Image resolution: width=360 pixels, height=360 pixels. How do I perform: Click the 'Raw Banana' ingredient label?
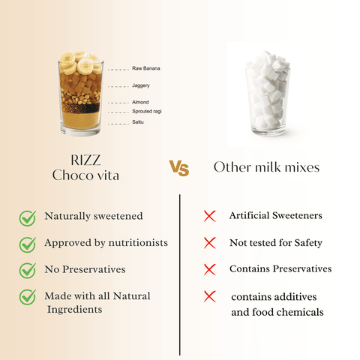pyautogui.click(x=146, y=68)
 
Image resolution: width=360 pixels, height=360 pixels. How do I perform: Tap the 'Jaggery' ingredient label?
pyautogui.click(x=140, y=85)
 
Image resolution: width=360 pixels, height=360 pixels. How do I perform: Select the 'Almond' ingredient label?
pyautogui.click(x=140, y=102)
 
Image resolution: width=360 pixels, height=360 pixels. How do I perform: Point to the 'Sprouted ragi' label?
pyautogui.click(x=146, y=111)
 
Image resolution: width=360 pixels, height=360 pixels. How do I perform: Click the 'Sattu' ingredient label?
pyautogui.click(x=138, y=121)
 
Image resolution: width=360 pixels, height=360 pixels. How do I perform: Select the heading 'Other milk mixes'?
pyautogui.click(x=266, y=166)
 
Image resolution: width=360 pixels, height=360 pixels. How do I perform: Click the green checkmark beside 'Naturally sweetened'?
pyautogui.click(x=27, y=217)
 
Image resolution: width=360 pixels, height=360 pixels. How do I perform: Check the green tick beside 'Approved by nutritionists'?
pyautogui.click(x=27, y=244)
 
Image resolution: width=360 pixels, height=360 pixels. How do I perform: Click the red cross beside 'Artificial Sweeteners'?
pyautogui.click(x=210, y=216)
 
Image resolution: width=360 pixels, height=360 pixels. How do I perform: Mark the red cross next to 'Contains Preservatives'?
pyautogui.click(x=210, y=268)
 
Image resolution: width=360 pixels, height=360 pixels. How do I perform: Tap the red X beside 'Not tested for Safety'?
pyautogui.click(x=210, y=243)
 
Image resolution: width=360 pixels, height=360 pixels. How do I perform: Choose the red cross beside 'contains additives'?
pyautogui.click(x=210, y=297)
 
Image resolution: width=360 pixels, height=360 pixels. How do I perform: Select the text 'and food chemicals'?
pyautogui.click(x=277, y=311)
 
